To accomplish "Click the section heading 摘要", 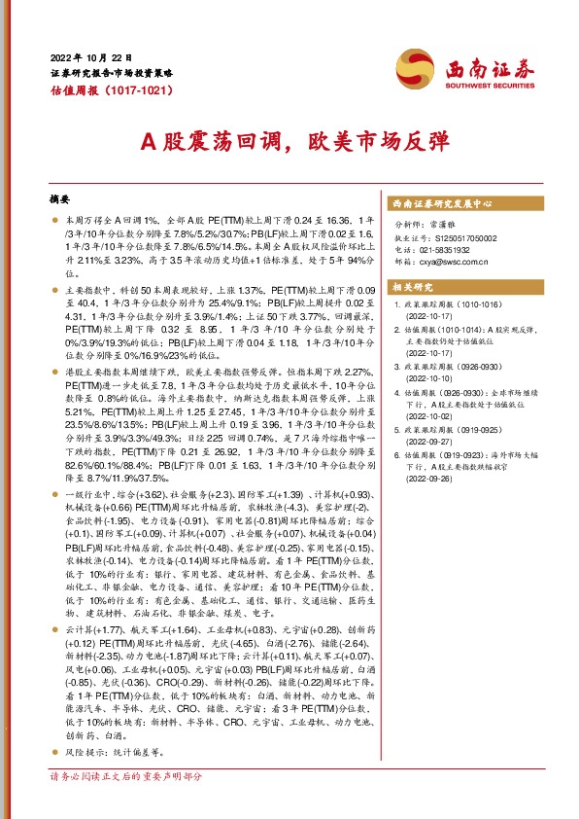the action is pos(60,198).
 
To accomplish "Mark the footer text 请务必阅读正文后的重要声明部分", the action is pos(126,778).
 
